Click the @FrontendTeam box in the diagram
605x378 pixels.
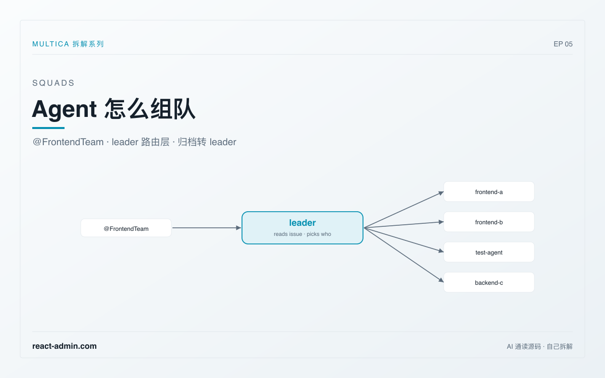pos(126,228)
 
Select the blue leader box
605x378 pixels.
pos(302,228)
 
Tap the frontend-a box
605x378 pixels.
pos(489,192)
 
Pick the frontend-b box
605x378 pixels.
pos(489,222)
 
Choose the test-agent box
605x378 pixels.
pos(489,252)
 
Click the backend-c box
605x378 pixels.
pos(489,282)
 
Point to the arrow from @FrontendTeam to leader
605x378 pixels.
pos(207,228)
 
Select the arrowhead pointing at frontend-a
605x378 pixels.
pos(441,193)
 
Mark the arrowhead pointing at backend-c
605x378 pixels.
pos(441,280)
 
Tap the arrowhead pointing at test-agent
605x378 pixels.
pos(441,251)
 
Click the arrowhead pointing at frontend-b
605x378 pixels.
pos(441,222)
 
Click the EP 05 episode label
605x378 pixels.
pos(563,44)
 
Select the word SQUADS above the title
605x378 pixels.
pos(53,83)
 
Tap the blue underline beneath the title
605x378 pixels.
pos(48,128)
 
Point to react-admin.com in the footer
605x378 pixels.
pos(65,346)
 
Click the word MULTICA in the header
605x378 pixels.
pos(51,44)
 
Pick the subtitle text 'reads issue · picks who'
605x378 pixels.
pos(302,234)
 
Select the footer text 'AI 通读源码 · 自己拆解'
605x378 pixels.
pos(539,346)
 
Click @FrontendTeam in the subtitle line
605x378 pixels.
pos(68,142)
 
